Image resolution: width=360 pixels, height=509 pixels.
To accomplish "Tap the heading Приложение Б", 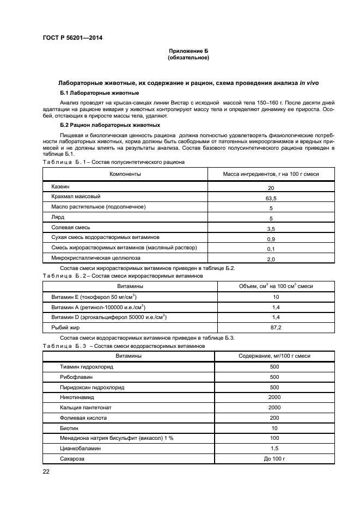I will pyautogui.click(x=188, y=51).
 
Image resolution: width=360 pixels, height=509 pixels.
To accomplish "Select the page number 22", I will pyautogui.click(x=47, y=471).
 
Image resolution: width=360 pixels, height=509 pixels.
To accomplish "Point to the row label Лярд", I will pyautogui.click(x=58, y=217).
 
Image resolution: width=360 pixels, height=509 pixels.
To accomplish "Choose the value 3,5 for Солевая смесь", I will pyautogui.click(x=271, y=229).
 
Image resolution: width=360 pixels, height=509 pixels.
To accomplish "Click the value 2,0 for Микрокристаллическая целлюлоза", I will pyautogui.click(x=271, y=260).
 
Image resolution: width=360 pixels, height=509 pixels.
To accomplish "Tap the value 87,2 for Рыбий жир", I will pyautogui.click(x=276, y=328).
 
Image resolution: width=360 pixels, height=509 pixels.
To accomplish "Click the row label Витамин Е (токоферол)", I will pyautogui.click(x=93, y=297).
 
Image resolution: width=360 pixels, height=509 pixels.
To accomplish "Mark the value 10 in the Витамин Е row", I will pyautogui.click(x=276, y=297).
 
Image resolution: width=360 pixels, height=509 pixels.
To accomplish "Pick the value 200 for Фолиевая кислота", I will pyautogui.click(x=274, y=418).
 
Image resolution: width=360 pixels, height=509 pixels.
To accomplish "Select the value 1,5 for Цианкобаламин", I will pyautogui.click(x=274, y=449).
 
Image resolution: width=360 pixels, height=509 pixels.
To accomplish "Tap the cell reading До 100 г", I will pyautogui.click(x=274, y=459).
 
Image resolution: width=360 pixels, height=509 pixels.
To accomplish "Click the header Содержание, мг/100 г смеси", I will pyautogui.click(x=274, y=355).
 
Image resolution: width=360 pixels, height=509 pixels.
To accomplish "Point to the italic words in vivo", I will pyautogui.click(x=309, y=83).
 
